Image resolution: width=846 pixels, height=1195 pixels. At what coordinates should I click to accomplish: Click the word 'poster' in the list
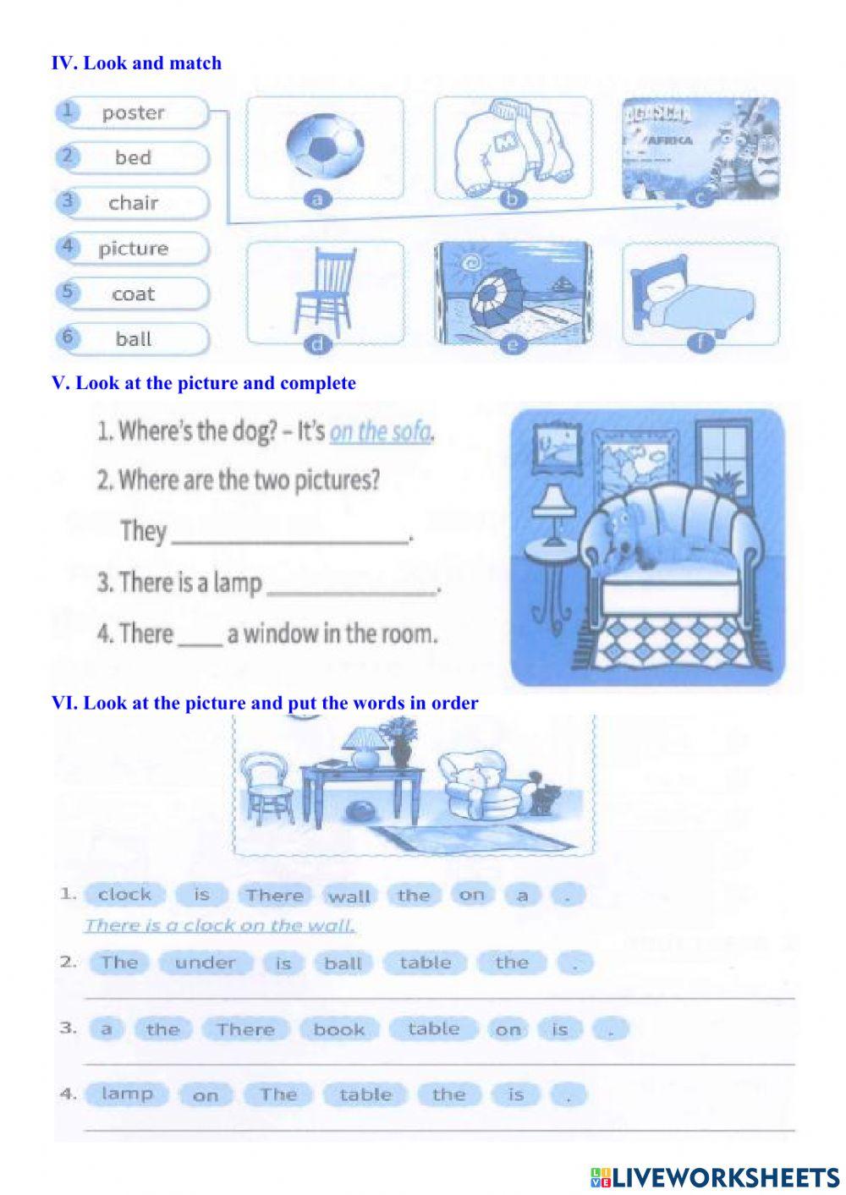coord(133,113)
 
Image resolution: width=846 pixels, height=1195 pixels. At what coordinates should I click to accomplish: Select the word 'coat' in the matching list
coord(133,294)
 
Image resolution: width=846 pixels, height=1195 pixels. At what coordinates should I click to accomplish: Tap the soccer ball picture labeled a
coord(325,149)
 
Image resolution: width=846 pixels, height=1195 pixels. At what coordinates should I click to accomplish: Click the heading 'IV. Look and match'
coord(136,63)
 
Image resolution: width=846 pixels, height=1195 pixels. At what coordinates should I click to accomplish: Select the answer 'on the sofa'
coord(380,432)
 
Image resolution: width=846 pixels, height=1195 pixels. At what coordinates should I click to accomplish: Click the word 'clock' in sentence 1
coord(124,895)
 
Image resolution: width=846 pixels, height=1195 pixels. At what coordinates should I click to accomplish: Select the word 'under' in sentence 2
coord(205,962)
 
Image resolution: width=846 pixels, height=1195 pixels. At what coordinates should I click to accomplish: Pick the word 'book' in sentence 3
coord(338,1029)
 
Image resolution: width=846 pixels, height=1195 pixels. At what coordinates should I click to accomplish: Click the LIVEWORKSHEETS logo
coord(715,1176)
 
